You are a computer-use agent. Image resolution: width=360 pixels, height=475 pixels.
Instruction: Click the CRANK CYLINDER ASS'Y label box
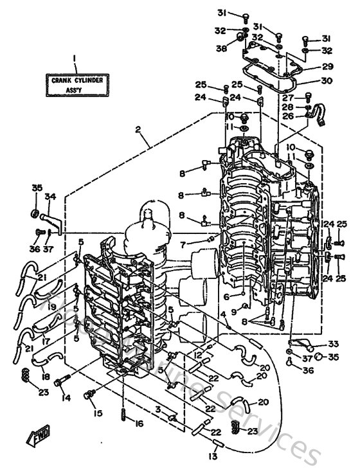click(x=75, y=85)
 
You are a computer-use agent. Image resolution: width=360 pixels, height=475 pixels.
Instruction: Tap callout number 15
click(x=98, y=412)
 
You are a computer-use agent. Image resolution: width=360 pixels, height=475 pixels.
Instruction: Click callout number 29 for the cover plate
click(x=327, y=67)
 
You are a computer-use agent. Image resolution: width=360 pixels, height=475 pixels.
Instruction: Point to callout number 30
click(x=327, y=81)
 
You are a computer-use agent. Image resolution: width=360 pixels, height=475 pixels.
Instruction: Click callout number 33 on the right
click(x=334, y=343)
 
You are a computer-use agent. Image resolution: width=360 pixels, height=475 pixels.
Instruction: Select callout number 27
click(x=287, y=97)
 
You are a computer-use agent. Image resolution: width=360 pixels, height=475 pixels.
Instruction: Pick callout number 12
click(x=190, y=354)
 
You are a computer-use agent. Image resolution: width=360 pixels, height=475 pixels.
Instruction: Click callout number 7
click(x=183, y=245)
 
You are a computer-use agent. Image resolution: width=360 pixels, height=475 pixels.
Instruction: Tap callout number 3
click(x=156, y=409)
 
